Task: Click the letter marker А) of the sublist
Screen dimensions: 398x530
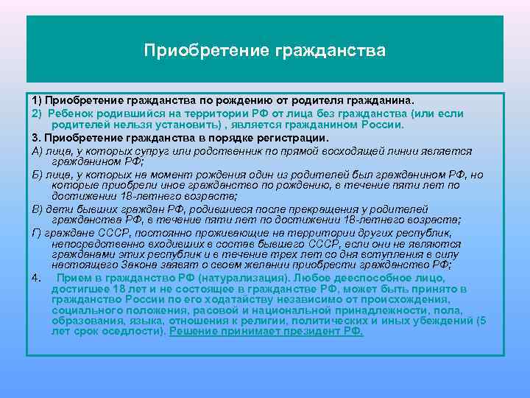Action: pos(38,151)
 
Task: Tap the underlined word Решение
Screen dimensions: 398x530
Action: pos(193,331)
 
